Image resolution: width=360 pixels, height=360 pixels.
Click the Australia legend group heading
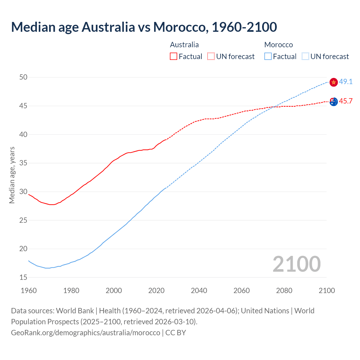[184, 45]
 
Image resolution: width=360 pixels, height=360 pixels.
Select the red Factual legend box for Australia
[174, 57]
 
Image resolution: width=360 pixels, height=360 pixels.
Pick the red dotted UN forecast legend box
[211, 57]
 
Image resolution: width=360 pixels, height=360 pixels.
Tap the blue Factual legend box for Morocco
[268, 57]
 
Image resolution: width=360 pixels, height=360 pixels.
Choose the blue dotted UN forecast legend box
[305, 57]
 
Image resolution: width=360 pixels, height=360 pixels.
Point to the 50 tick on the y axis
[23, 77]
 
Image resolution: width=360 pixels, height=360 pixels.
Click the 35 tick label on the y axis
[23, 163]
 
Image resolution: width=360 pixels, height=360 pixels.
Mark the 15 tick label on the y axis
[23, 277]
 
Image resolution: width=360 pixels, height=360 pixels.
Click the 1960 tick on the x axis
[29, 291]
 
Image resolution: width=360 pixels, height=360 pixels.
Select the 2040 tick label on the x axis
[199, 291]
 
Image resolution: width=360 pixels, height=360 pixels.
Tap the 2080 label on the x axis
[284, 291]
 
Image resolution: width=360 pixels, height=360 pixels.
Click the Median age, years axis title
[12, 175]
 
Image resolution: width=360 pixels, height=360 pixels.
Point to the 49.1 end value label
[346, 82]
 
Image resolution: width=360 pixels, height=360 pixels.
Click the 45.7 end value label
[346, 101]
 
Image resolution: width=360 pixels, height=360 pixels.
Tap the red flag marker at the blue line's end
[334, 82]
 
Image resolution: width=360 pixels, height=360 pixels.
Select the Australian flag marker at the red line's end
[334, 102]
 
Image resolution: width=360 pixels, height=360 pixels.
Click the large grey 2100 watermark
[296, 264]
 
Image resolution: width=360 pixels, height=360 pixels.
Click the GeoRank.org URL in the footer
[85, 333]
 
